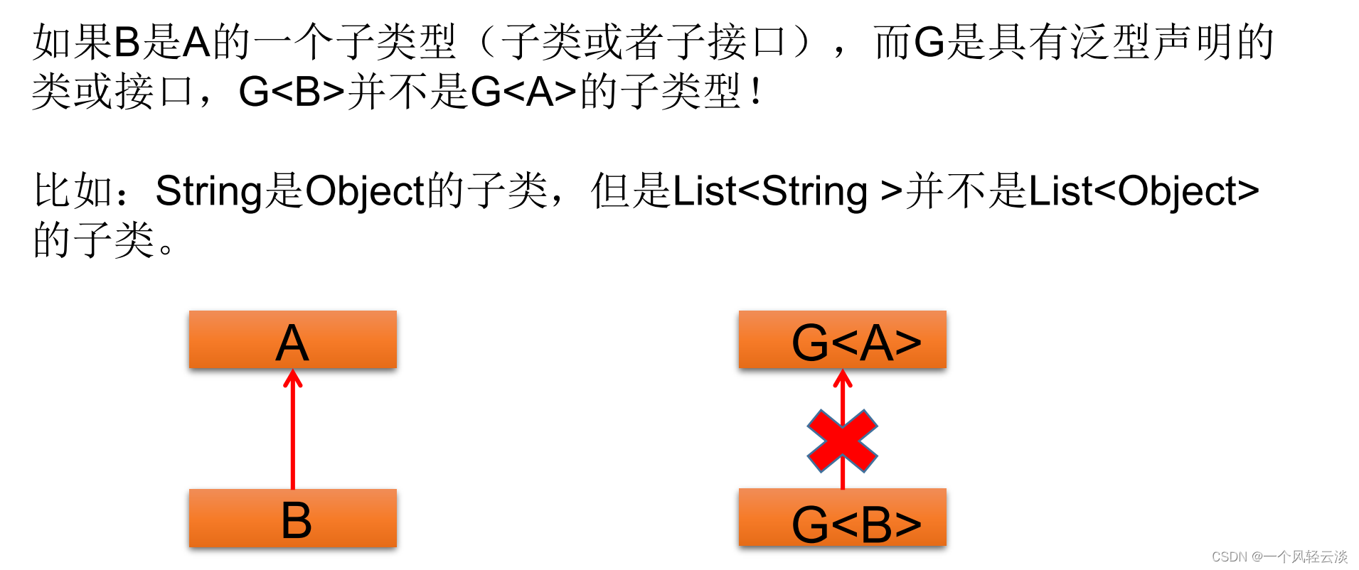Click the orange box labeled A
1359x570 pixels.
(x=292, y=340)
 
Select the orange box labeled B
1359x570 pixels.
(x=292, y=517)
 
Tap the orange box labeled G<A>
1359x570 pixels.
(x=842, y=340)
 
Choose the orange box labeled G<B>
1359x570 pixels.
(x=842, y=517)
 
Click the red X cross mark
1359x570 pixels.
(x=842, y=441)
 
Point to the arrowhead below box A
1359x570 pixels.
(x=292, y=379)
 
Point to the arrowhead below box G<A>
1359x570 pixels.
(x=842, y=379)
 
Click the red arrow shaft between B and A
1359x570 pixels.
(x=292, y=434)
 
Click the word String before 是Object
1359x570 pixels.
(x=209, y=192)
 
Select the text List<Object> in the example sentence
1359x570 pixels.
(x=1143, y=192)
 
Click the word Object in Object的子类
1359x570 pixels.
(x=365, y=192)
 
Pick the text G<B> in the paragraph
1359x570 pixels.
(x=292, y=92)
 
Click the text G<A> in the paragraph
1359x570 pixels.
(x=523, y=92)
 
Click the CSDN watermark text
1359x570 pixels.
(x=1279, y=556)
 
